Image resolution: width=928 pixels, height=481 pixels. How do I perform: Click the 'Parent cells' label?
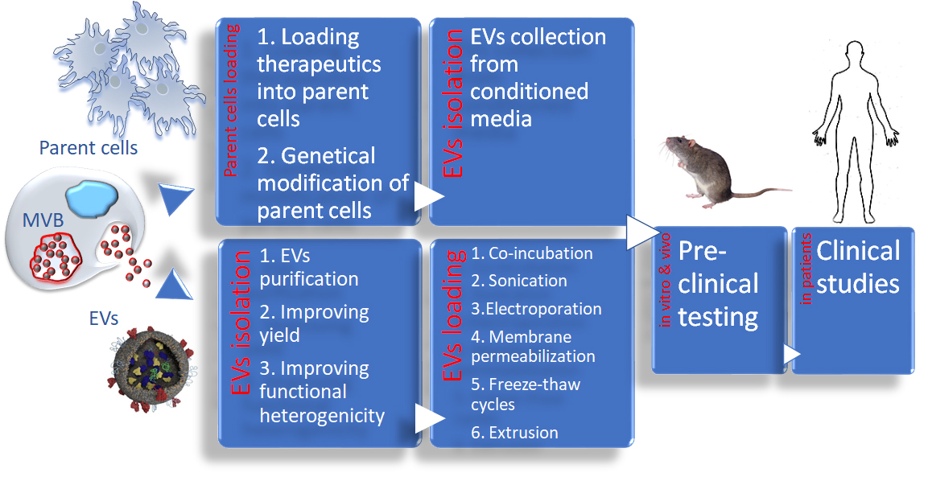[89, 148]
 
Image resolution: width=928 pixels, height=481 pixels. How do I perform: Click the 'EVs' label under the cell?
[103, 319]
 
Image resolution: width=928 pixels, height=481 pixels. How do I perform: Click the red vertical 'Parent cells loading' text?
[232, 101]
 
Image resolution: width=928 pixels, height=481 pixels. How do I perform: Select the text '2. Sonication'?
[519, 281]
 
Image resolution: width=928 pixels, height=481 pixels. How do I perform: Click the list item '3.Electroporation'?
[536, 309]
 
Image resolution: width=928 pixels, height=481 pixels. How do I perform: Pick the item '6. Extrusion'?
[514, 432]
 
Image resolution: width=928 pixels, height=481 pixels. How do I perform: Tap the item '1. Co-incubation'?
[532, 253]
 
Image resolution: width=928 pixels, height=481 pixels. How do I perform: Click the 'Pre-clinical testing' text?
[718, 283]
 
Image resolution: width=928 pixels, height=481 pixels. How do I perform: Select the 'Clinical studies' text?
[858, 267]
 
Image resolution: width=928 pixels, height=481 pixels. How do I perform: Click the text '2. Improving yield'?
[314, 323]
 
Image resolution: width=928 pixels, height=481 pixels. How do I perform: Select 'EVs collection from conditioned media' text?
[538, 78]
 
